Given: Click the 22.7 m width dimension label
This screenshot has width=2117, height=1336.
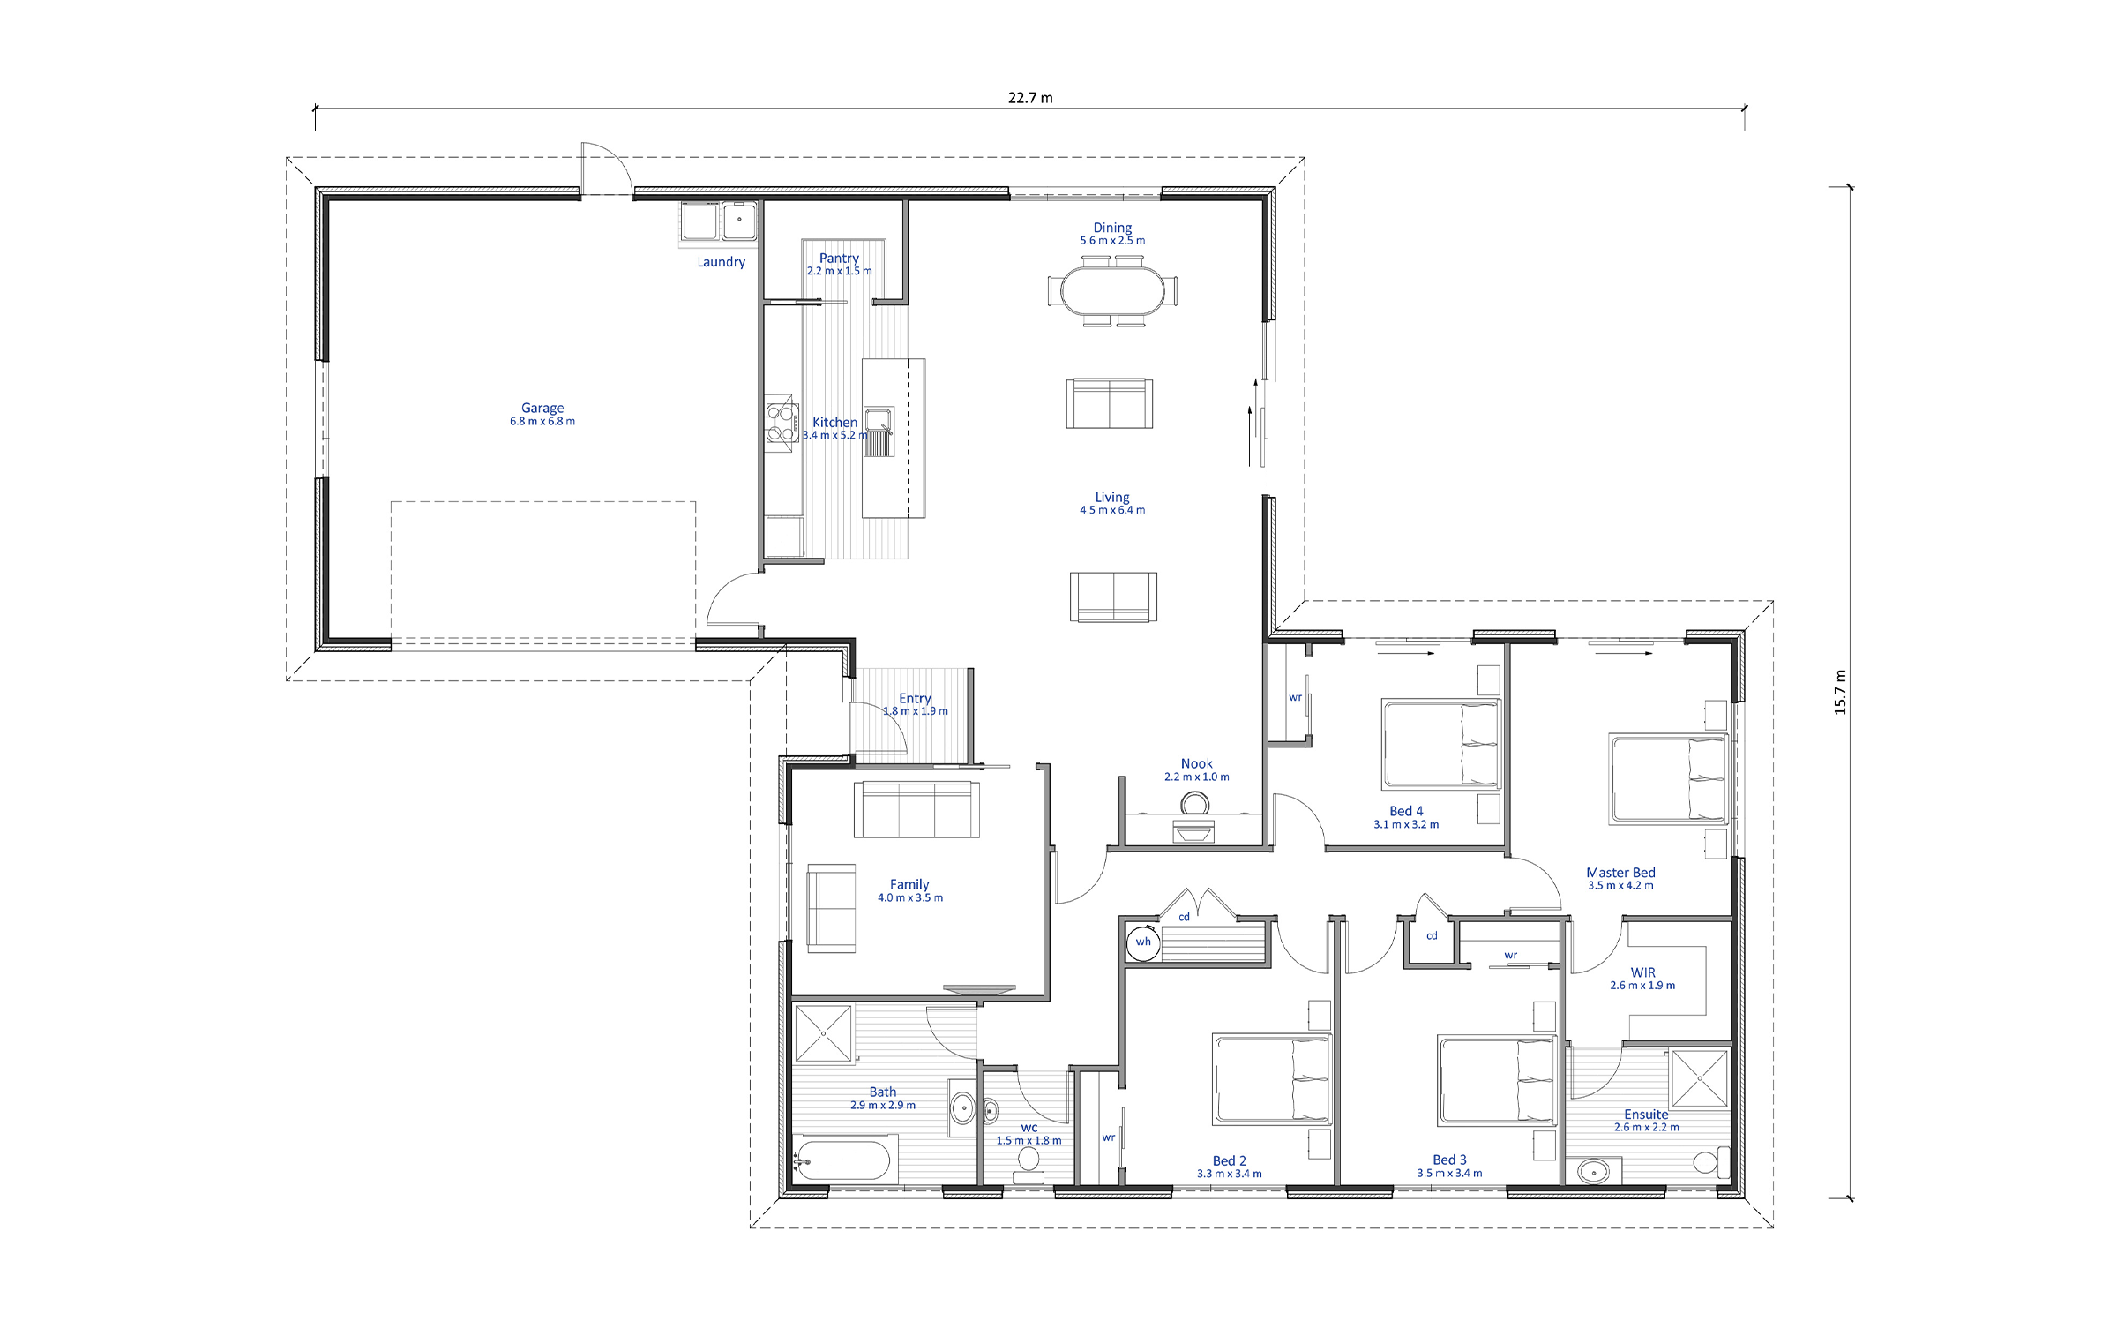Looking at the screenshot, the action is [x=1030, y=98].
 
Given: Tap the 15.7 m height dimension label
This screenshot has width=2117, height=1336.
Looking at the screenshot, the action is [x=1839, y=692].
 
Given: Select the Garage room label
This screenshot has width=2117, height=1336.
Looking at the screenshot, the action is [x=542, y=408].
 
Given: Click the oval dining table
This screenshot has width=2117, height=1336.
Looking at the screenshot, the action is [x=1112, y=291].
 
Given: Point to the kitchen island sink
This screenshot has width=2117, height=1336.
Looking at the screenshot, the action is [x=879, y=432].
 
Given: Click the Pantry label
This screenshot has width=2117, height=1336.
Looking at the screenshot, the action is [x=839, y=258].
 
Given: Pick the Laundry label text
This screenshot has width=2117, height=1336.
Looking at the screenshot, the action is [x=722, y=262].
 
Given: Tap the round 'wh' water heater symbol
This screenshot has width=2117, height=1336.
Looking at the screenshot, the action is [x=1143, y=942].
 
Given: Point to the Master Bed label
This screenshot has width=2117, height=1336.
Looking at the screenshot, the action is [x=1620, y=873].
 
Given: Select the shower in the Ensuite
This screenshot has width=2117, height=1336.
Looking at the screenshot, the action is [x=1699, y=1077].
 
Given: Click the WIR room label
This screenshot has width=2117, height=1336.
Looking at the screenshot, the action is [x=1642, y=972].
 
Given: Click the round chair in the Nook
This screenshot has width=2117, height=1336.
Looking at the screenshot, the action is [x=1195, y=804].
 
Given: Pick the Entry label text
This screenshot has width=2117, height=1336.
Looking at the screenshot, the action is [x=916, y=698].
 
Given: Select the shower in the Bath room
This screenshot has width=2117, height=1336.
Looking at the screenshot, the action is [x=824, y=1032].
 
